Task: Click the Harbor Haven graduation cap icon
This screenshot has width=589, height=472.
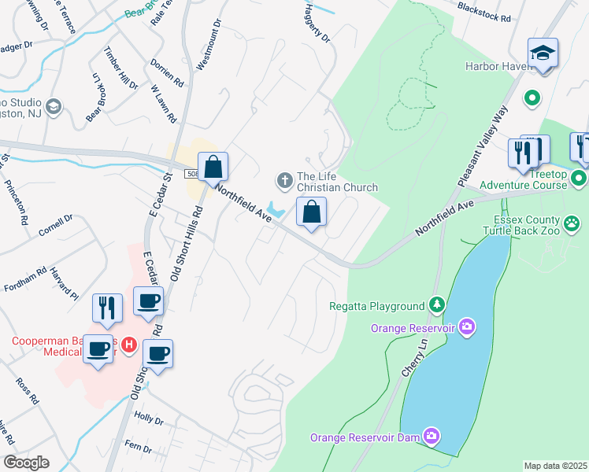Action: [543, 53]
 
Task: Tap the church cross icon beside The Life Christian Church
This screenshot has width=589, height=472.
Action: [283, 181]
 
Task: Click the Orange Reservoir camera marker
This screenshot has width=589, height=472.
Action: [467, 326]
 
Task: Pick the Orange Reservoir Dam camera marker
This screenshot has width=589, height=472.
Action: [431, 435]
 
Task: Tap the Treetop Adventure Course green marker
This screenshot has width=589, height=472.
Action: [579, 178]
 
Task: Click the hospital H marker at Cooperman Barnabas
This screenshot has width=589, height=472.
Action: [129, 345]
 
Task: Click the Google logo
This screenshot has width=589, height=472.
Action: [26, 462]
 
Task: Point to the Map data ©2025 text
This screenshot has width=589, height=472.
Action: [555, 466]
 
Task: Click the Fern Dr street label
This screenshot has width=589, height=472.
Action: [139, 446]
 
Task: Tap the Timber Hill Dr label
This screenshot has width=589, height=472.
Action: [120, 68]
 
